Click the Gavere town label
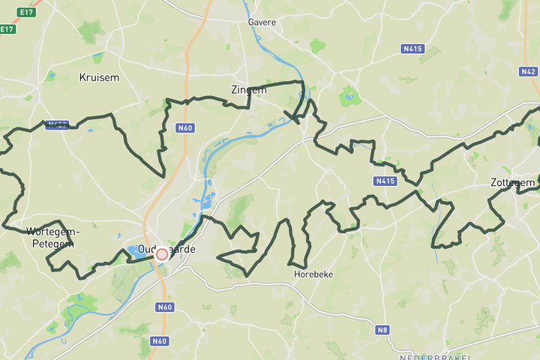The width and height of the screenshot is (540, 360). coord(262,22)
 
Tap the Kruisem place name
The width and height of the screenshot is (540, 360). coord(99,77)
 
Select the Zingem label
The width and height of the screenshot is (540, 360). coord(249,89)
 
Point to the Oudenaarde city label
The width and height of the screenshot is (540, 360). coord(166,249)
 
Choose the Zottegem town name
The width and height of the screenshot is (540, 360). coord(513,182)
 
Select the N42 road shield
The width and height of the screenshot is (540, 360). coord(528,71)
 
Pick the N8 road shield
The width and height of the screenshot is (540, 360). coord(383,329)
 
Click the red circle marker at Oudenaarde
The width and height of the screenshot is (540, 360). coord(161,254)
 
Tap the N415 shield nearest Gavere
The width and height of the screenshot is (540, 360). coord(412,49)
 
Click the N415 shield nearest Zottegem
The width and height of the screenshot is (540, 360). coord(385,181)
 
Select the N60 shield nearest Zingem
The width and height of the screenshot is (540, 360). coord(185,127)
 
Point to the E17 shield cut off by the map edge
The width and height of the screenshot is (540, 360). coord(7,29)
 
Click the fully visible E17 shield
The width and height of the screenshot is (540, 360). coord(27,12)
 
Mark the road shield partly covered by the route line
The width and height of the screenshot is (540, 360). coord(57,124)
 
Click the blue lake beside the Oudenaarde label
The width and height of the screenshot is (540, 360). coord(132,250)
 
